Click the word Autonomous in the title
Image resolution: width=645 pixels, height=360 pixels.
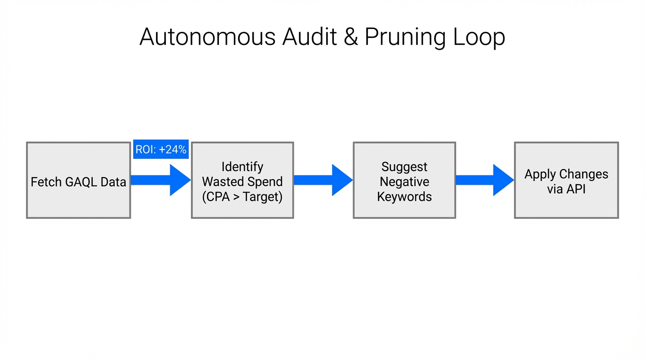[x=207, y=37]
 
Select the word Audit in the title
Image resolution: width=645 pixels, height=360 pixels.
[x=309, y=37]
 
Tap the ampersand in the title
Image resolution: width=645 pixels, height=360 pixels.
[x=351, y=37]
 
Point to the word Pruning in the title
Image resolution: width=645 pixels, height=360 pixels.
[x=405, y=37]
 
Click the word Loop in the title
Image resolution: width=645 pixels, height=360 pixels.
[x=479, y=37]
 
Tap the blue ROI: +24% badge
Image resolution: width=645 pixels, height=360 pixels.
[x=161, y=149]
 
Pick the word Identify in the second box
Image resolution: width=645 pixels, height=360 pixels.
[x=242, y=167]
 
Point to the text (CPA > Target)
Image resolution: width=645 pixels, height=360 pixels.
[x=242, y=197]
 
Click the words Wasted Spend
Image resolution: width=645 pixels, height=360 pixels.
[x=242, y=182]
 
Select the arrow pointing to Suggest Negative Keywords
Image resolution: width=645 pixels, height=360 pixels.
[x=323, y=180]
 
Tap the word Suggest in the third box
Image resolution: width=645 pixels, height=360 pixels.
[x=404, y=167]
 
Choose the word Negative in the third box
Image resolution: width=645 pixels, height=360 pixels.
[x=404, y=182]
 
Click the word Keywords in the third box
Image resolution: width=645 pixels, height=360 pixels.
[x=404, y=197]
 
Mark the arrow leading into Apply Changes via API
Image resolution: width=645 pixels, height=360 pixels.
[x=485, y=180]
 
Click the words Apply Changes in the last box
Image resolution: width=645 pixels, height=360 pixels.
[x=566, y=174]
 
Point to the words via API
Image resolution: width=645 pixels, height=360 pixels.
[x=566, y=189]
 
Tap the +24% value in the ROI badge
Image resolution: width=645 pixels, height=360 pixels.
[x=172, y=150]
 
